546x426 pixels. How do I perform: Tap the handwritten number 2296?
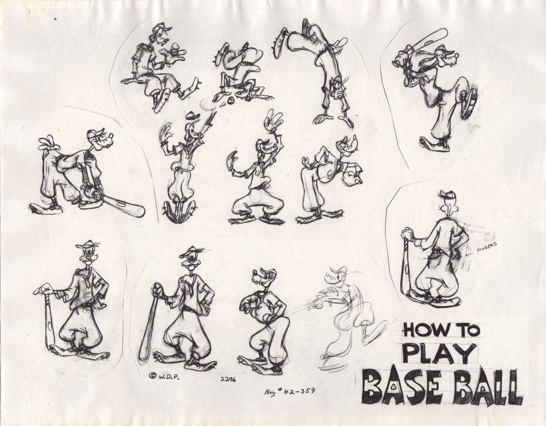(228, 379)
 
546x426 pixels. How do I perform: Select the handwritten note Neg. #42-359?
(290, 390)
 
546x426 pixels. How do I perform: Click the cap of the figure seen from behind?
(446, 196)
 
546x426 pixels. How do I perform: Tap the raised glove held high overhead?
(274, 120)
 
